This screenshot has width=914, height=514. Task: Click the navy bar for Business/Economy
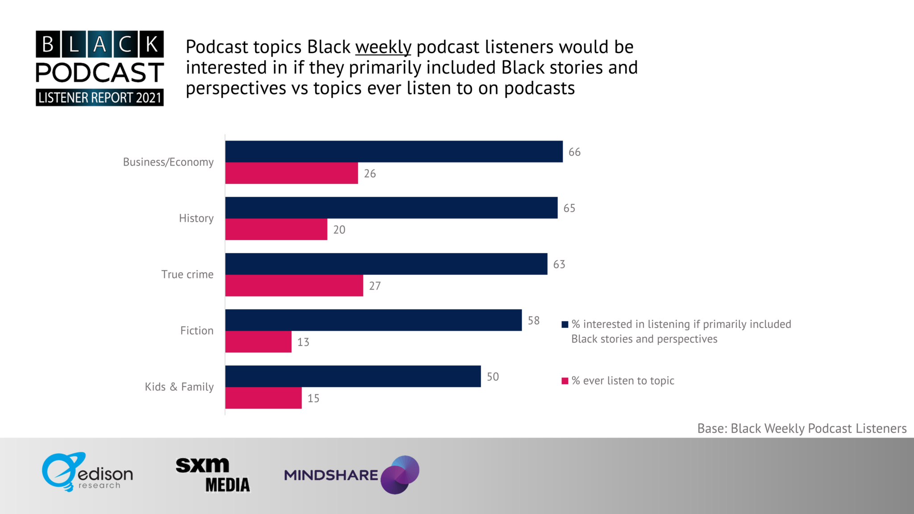394,152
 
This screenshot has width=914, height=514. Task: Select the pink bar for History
276,229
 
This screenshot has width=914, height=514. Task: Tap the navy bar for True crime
386,264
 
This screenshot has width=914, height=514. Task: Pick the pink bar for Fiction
258,342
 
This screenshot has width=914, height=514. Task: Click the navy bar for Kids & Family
353,377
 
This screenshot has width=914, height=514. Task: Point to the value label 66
574,152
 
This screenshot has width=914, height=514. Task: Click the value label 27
375,286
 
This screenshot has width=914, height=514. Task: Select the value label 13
303,342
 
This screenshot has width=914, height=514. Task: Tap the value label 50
493,377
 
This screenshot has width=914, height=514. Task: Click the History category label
196,218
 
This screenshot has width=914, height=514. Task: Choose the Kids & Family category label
179,387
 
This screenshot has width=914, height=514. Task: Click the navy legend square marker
565,324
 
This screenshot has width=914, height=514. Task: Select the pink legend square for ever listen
565,381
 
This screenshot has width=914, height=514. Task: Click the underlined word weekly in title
383,47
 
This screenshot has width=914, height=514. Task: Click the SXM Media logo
212,475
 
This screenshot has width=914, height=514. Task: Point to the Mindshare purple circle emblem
400,475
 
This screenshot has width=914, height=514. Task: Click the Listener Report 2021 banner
100,97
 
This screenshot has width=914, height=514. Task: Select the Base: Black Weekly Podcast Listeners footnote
802,428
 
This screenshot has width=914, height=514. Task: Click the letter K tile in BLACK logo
152,45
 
